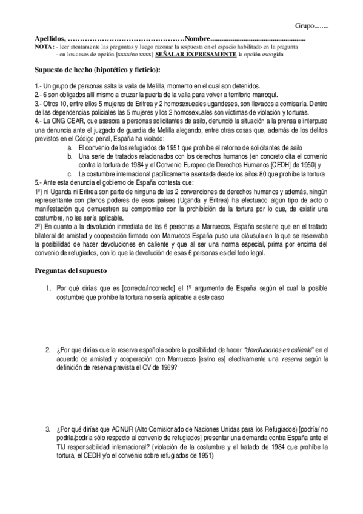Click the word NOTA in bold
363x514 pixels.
tap(44, 46)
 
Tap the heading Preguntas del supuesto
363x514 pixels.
tap(71, 270)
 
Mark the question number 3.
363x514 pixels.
tap(47, 430)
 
